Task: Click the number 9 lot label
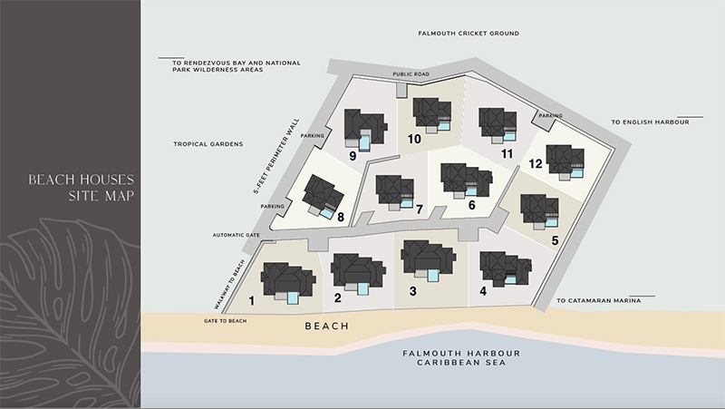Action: click(353, 156)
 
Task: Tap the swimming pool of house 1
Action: click(293, 298)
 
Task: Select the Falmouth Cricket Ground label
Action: click(469, 34)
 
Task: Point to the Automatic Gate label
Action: click(236, 235)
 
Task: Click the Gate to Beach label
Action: click(225, 321)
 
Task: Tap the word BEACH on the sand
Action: click(327, 326)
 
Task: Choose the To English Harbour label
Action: click(650, 122)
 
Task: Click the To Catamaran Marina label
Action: click(599, 301)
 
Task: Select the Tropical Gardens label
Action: click(208, 144)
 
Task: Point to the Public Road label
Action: click(411, 74)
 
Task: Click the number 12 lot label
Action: click(536, 164)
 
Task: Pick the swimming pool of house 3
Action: click(433, 276)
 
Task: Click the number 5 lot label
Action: click(555, 240)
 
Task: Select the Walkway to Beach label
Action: click(229, 285)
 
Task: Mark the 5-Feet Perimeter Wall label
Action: click(276, 156)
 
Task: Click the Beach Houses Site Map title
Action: click(82, 188)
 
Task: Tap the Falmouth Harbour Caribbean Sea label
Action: click(461, 358)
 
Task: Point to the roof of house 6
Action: click(466, 179)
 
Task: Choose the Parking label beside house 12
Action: click(551, 116)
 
